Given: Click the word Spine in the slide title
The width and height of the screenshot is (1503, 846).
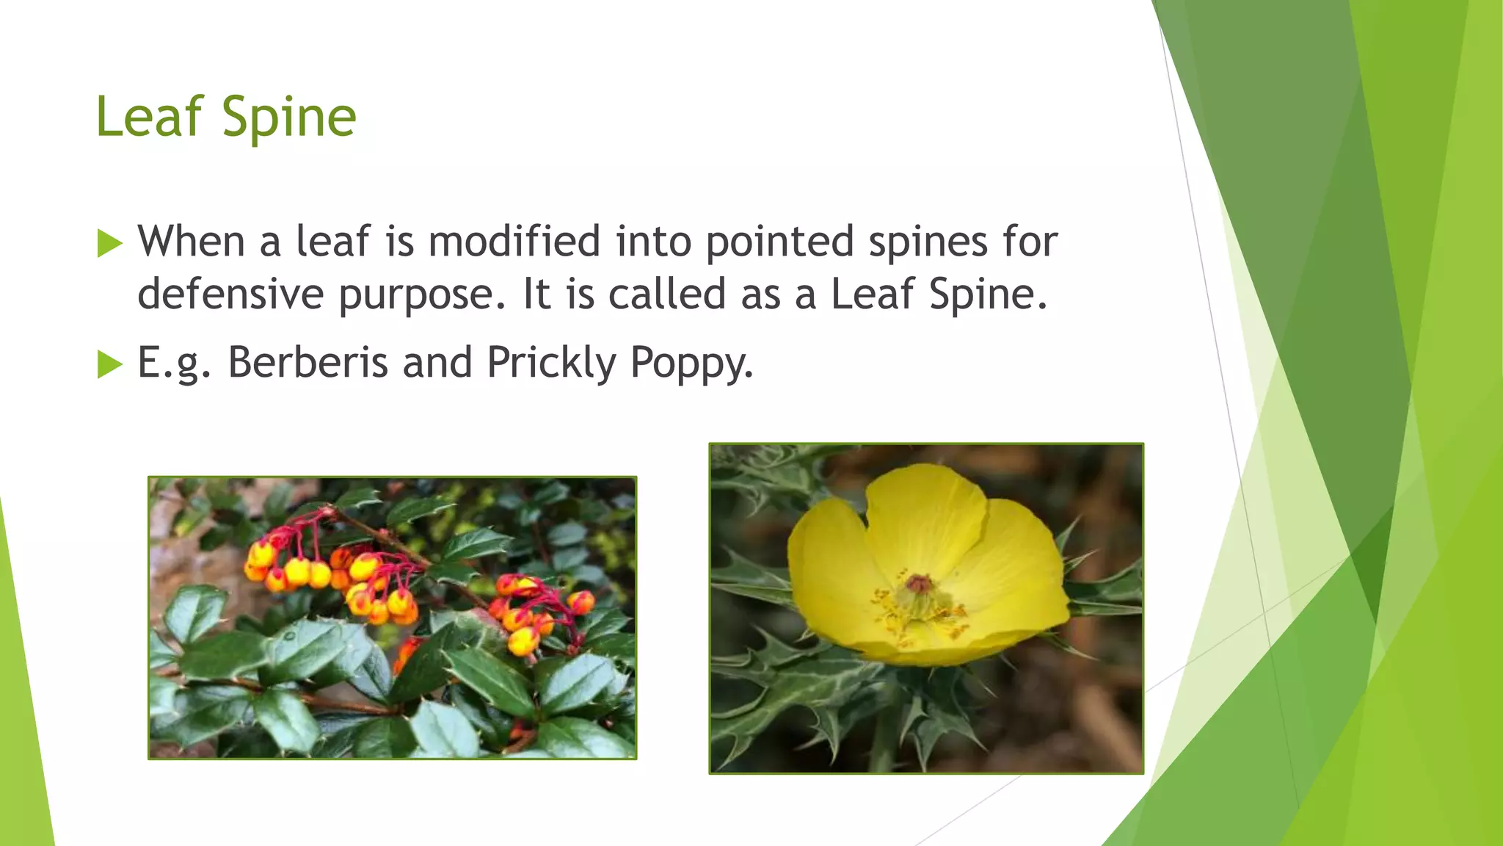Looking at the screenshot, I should [x=288, y=117].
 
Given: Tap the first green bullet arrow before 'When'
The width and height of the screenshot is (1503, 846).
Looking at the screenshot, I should [x=109, y=243].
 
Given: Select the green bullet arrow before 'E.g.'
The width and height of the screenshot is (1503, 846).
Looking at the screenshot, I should [x=109, y=364].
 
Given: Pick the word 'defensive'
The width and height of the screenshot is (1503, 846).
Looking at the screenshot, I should [x=230, y=294].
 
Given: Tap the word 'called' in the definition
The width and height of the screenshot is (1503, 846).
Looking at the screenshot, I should [x=667, y=294].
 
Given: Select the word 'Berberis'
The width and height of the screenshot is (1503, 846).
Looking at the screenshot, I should [x=307, y=362].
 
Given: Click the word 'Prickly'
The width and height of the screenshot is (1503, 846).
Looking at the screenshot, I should [x=551, y=364].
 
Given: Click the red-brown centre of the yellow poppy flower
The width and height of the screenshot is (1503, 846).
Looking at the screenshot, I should [x=918, y=585].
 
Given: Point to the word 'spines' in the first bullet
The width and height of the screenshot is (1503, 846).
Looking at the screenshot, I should [x=928, y=242].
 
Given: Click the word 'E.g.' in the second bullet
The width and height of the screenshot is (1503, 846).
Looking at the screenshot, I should [x=174, y=364].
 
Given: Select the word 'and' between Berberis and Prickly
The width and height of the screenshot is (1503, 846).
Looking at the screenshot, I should [x=437, y=362].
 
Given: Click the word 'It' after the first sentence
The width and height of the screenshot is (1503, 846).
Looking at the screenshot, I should [x=536, y=294].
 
